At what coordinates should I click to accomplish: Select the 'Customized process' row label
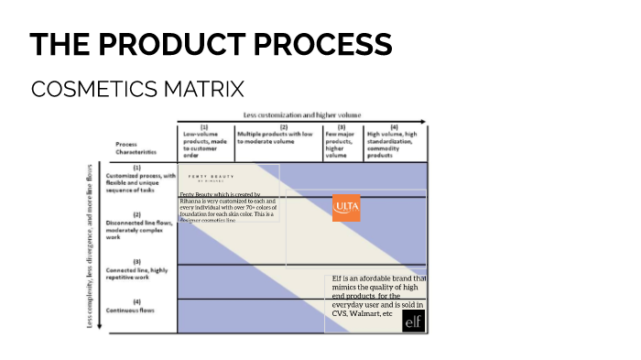pos(137,178)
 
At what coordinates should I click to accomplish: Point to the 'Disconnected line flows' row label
pos(137,224)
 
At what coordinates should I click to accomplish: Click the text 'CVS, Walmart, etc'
pos(362,313)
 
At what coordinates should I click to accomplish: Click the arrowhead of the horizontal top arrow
pos(423,121)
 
